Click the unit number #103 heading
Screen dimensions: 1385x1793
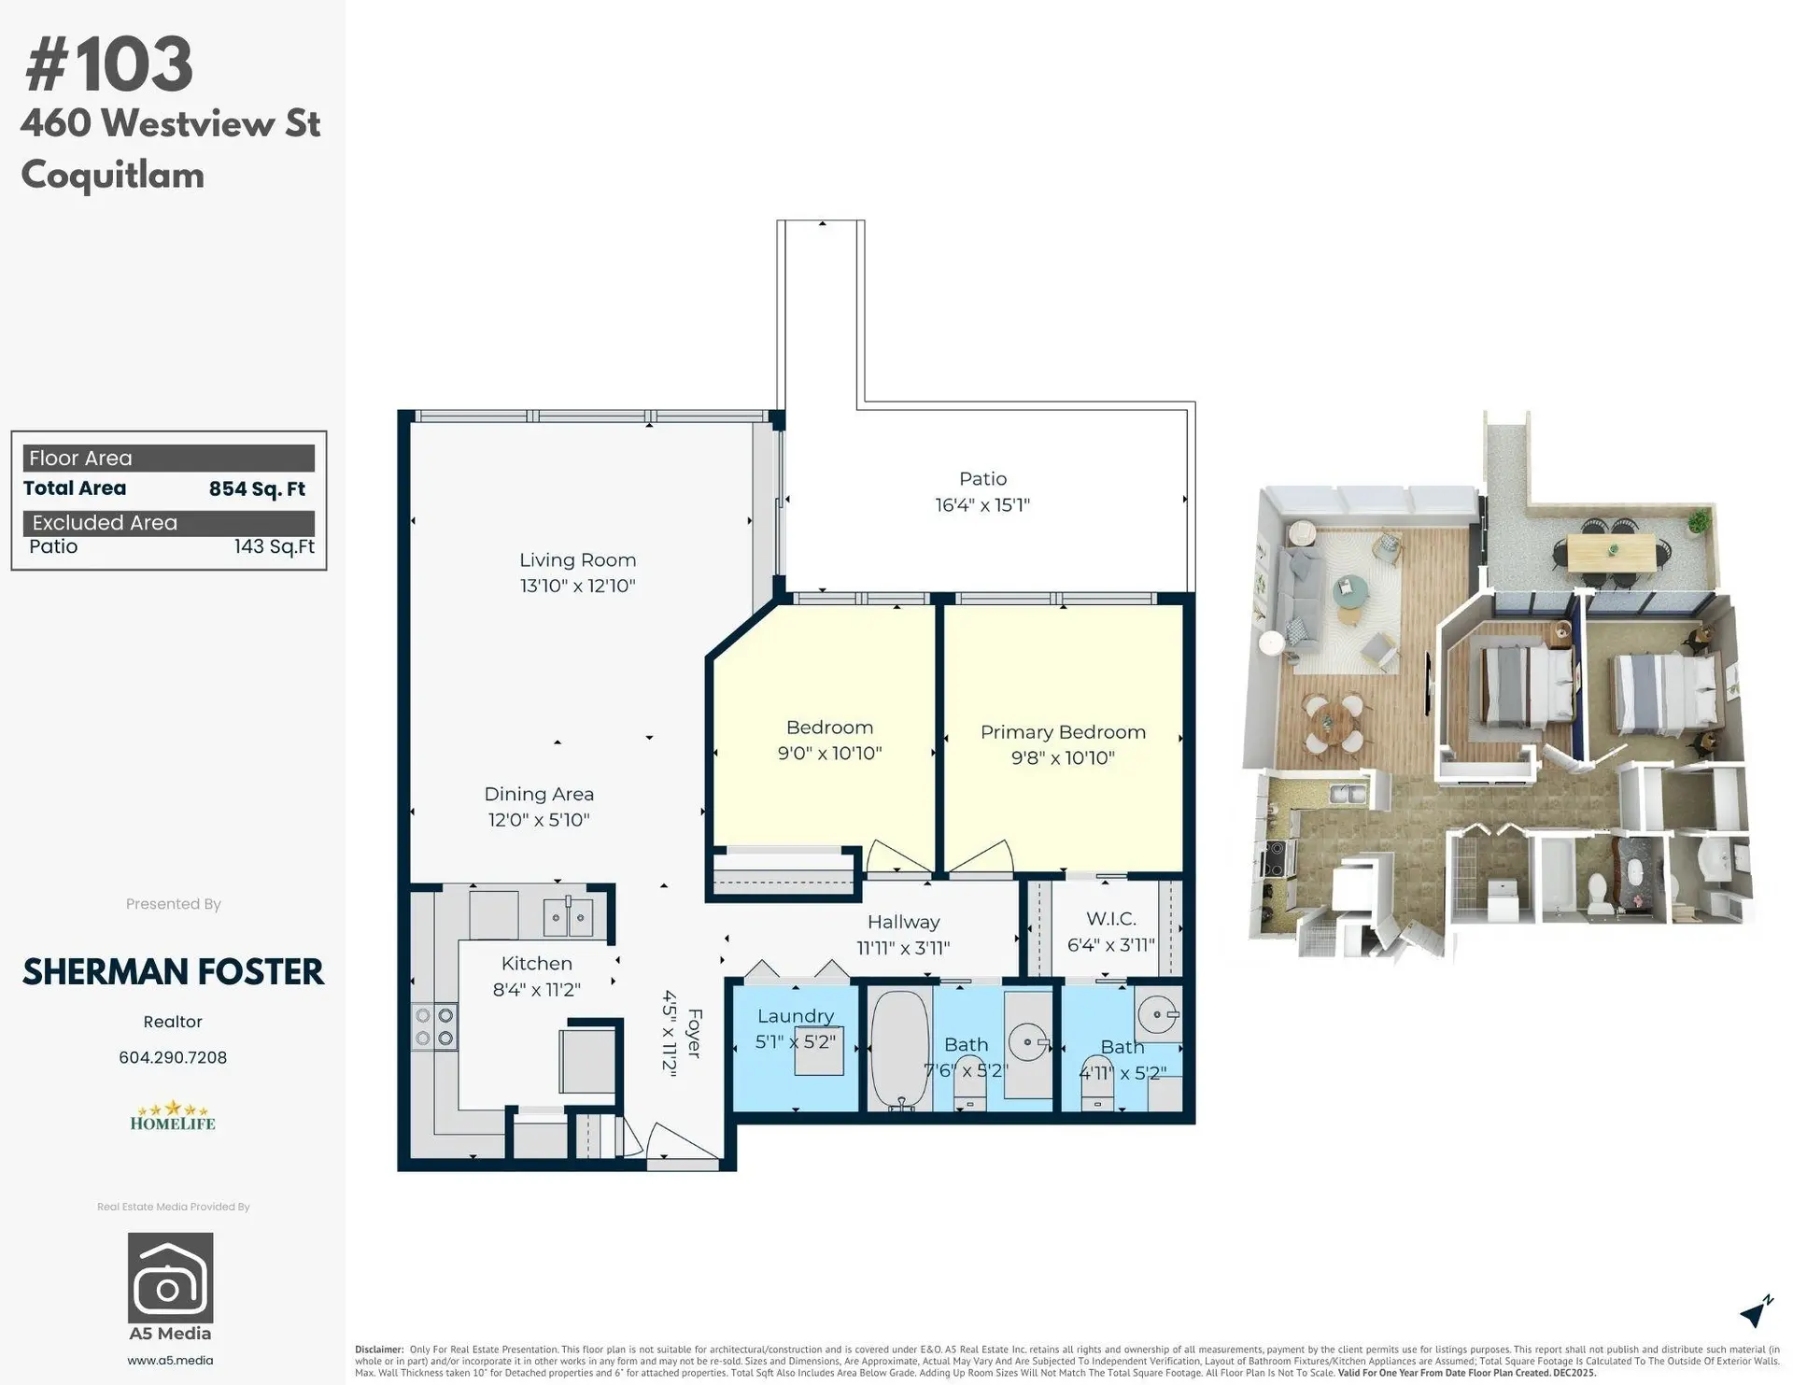click(x=109, y=65)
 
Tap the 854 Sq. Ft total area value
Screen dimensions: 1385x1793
click(x=257, y=488)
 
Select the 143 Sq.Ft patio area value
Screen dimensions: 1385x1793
click(x=274, y=546)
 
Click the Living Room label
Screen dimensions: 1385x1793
click(x=577, y=560)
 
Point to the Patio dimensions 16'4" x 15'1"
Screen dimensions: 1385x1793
click(x=982, y=505)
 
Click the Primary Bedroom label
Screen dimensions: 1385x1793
click(x=1063, y=732)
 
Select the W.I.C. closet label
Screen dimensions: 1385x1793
click(x=1110, y=920)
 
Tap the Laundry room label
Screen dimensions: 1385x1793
click(x=795, y=1016)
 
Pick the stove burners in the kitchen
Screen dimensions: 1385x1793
click(x=434, y=1026)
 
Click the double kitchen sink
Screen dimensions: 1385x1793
click(x=568, y=917)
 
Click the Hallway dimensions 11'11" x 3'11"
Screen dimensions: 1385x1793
click(x=903, y=948)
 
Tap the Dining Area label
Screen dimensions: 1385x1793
click(x=539, y=794)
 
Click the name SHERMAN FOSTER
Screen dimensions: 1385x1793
click(x=173, y=972)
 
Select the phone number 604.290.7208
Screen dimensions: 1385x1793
click(x=173, y=1057)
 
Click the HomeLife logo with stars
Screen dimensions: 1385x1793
click(x=173, y=1117)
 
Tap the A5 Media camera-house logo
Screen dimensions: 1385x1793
click(x=170, y=1278)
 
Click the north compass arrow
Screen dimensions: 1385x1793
click(x=1756, y=1312)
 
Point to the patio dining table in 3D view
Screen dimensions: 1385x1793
click(x=1611, y=553)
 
